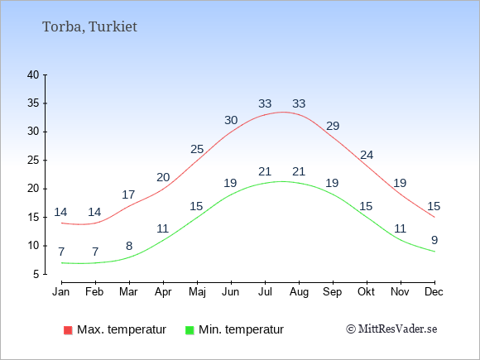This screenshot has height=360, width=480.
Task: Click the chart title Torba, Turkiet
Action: (89, 26)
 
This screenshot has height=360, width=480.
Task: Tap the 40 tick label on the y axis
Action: (33, 74)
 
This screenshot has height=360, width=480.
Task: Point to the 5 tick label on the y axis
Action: (36, 274)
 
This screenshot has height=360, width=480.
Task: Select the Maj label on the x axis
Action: (197, 292)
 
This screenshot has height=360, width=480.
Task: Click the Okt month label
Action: (366, 292)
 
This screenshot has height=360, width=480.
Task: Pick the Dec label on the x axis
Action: (434, 292)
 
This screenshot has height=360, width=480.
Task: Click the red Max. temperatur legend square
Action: (68, 330)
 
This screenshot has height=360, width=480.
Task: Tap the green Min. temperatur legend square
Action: (190, 330)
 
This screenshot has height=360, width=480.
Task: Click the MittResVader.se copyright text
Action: (391, 329)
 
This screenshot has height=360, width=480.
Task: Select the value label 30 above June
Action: (231, 120)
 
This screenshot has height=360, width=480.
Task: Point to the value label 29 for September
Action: (333, 126)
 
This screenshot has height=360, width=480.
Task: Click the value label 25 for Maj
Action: (197, 149)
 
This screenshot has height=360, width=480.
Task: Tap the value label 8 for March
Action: (129, 246)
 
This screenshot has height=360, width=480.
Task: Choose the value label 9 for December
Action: (434, 240)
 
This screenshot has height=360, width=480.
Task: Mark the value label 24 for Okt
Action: (367, 155)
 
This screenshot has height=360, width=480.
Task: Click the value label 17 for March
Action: (128, 194)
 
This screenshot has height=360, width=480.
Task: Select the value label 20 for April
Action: (163, 177)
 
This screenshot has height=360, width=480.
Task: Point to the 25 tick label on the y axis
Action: (33, 160)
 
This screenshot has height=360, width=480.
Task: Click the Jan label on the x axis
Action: (61, 292)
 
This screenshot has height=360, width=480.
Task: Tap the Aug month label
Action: (299, 292)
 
